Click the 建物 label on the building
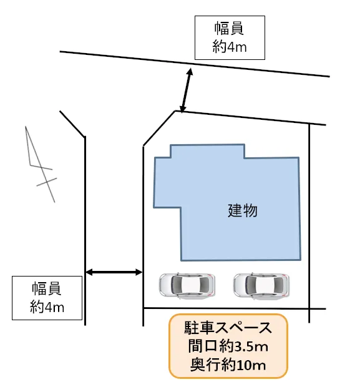pos(242,210)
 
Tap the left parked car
pos(187,285)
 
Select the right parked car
pos(261,285)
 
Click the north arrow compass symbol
pos(41,164)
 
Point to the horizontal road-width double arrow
pos(114,272)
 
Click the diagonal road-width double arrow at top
pos(186,91)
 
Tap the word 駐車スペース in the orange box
pos(228,328)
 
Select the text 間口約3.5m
pos(228,346)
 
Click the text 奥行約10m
pos(228,365)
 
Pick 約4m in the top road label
pos(230,46)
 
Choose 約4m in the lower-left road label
pos(47,306)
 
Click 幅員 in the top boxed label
pos(229,28)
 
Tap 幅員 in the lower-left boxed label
pos(46,288)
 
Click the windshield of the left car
pos(177,285)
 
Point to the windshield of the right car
pos(251,285)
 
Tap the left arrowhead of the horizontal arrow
pos(89,272)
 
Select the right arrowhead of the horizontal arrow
pos(139,272)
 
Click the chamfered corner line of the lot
pos(159,128)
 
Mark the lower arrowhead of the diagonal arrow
pos(182,109)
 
